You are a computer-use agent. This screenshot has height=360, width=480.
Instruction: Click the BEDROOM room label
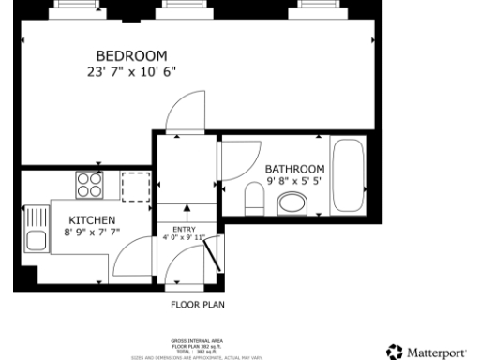click(x=131, y=54)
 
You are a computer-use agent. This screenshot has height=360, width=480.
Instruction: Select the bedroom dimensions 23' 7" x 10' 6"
click(x=131, y=70)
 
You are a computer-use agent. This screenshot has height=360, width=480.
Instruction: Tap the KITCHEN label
click(x=92, y=220)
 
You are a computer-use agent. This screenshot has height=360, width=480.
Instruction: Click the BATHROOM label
click(x=294, y=169)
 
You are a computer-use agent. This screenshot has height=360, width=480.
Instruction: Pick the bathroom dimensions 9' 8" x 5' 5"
click(x=294, y=181)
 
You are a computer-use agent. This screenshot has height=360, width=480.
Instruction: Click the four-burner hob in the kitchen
click(x=90, y=185)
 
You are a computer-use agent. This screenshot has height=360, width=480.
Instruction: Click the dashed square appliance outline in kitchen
click(x=135, y=186)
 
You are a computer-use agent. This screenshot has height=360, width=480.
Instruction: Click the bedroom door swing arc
click(x=183, y=111)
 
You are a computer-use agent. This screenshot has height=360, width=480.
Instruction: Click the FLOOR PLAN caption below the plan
click(x=197, y=305)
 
